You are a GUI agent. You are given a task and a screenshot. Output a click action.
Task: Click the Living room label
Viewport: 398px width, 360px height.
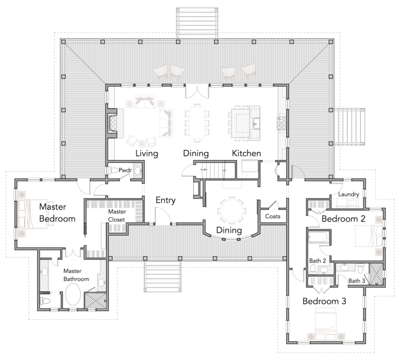tap(147, 154)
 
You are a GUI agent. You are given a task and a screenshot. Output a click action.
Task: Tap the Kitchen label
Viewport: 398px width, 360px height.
tap(246, 153)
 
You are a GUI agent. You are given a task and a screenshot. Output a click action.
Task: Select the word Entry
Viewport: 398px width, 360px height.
tap(165, 200)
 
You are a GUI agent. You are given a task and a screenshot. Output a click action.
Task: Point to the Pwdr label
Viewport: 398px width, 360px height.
tap(125, 170)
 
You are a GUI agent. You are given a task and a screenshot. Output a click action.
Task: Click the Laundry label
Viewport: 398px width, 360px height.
tap(348, 194)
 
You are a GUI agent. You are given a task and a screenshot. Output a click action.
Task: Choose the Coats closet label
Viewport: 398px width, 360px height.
tap(273, 216)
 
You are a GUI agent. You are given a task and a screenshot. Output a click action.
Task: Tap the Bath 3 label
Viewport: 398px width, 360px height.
tap(357, 281)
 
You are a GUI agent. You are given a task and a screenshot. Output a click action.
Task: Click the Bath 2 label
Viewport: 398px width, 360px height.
tap(317, 261)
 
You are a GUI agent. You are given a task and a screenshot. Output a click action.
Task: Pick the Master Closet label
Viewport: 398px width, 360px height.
tap(117, 215)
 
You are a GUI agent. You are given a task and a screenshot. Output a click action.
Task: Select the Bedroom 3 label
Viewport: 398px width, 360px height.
tap(325, 301)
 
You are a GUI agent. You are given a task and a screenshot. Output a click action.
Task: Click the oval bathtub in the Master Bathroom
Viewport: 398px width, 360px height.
tap(73, 294)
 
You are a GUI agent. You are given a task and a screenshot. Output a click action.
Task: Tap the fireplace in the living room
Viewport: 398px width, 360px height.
tap(112, 123)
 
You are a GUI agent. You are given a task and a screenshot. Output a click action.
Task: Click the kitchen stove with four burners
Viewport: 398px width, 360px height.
tap(281, 123)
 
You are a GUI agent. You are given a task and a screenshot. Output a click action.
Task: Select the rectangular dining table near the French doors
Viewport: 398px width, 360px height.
tap(197, 123)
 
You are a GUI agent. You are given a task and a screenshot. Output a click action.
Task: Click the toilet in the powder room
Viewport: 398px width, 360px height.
tap(113, 170)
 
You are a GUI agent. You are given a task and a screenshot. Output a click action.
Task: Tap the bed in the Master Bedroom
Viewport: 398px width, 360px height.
tap(33, 214)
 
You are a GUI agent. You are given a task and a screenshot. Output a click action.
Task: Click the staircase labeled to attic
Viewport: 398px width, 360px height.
tap(215, 170)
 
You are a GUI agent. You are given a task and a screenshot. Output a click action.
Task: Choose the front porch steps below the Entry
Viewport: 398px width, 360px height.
tap(163, 276)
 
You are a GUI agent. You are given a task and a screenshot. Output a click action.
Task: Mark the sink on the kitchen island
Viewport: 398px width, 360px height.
tap(255, 124)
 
